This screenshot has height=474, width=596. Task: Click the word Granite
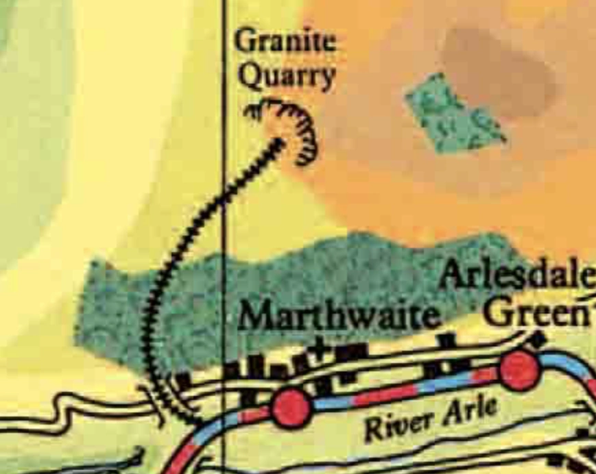click(285, 42)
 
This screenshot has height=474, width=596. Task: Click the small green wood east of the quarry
click(455, 112)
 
